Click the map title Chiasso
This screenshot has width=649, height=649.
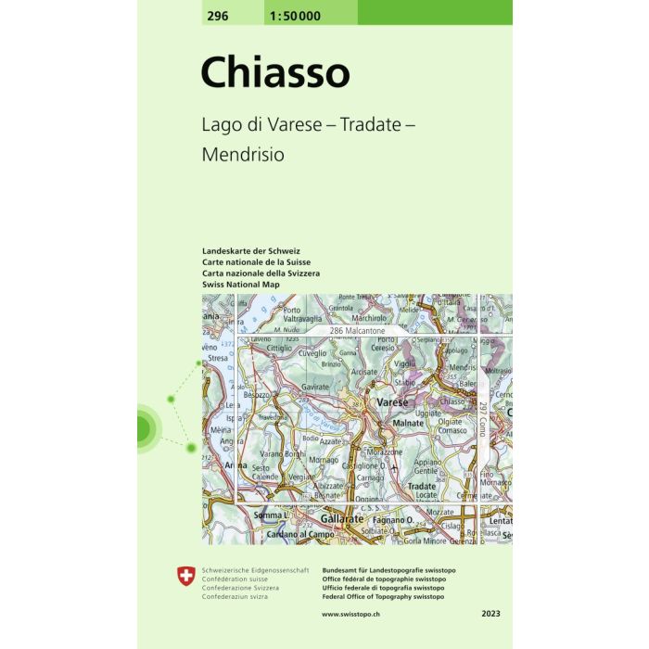point(275,71)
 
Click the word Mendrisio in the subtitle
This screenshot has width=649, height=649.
point(243,155)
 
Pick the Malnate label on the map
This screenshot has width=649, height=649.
point(408,423)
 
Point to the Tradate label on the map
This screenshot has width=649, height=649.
point(422,486)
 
